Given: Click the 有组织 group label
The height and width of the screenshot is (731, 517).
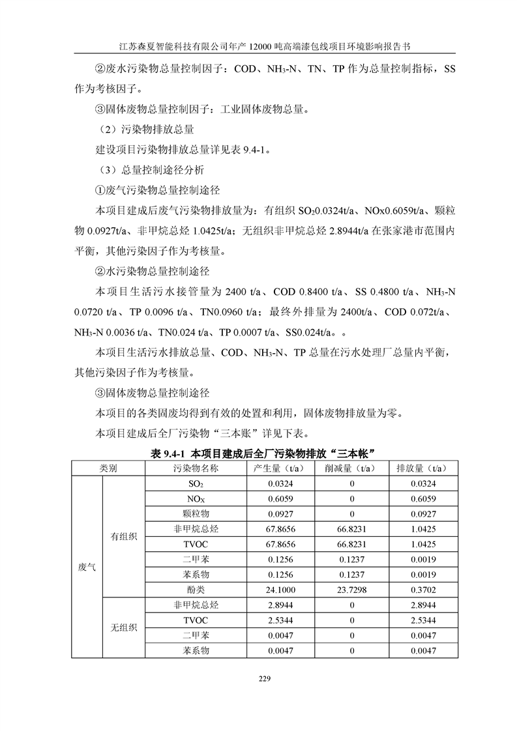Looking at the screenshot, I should coord(123,536).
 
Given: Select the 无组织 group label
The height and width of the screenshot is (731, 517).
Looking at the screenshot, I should coord(123,627).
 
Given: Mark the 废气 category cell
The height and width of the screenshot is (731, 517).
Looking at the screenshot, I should coord(87,567).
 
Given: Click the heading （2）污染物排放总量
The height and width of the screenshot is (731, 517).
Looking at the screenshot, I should coord(145,129).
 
